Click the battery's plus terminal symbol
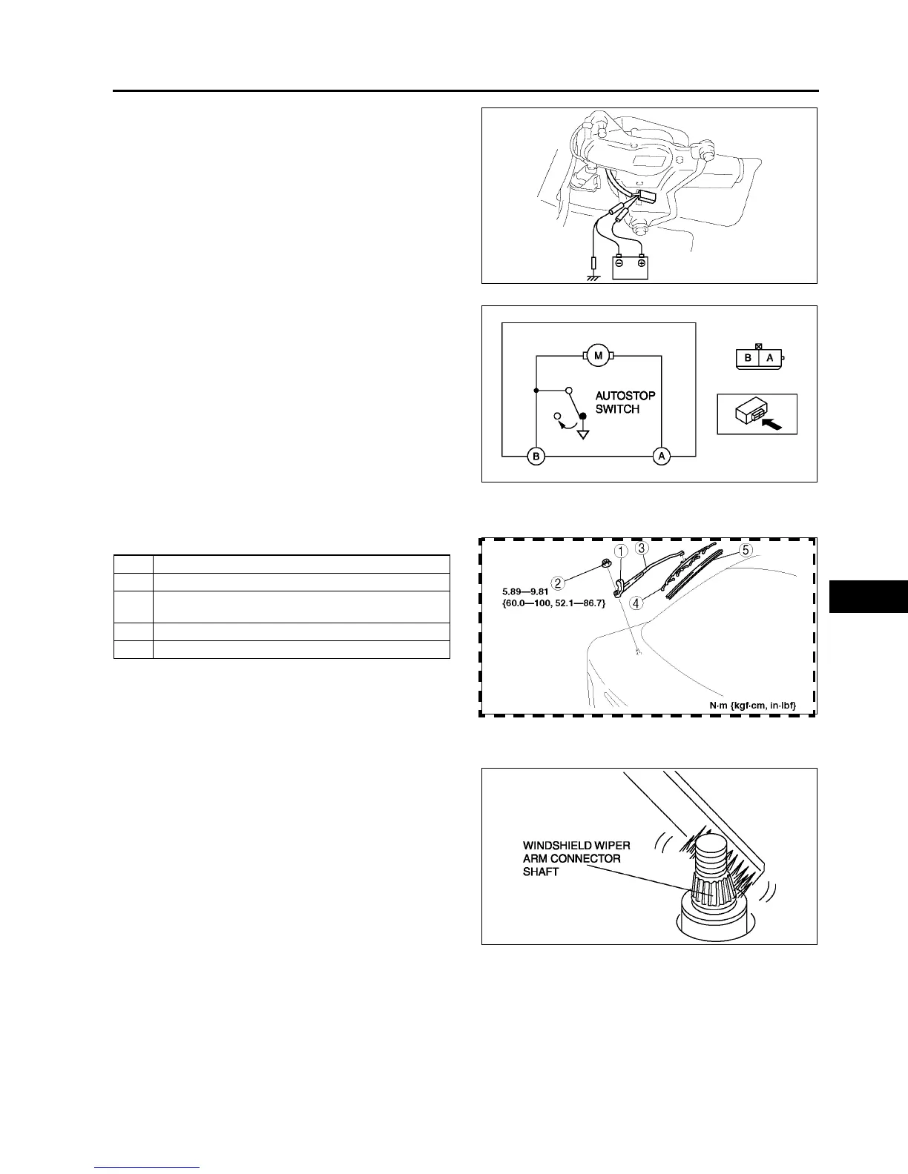coord(641,263)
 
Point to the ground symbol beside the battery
coord(593,278)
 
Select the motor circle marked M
coord(598,356)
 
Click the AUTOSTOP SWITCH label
coord(625,402)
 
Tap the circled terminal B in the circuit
coord(536,457)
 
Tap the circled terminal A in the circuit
coord(662,457)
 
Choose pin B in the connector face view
coord(748,358)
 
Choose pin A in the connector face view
coord(769,358)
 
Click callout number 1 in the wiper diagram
coord(621,551)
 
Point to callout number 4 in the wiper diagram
coord(638,603)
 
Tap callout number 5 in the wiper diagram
coord(746,551)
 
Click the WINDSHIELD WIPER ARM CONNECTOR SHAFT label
coord(576,858)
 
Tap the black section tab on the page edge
coord(868,597)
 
